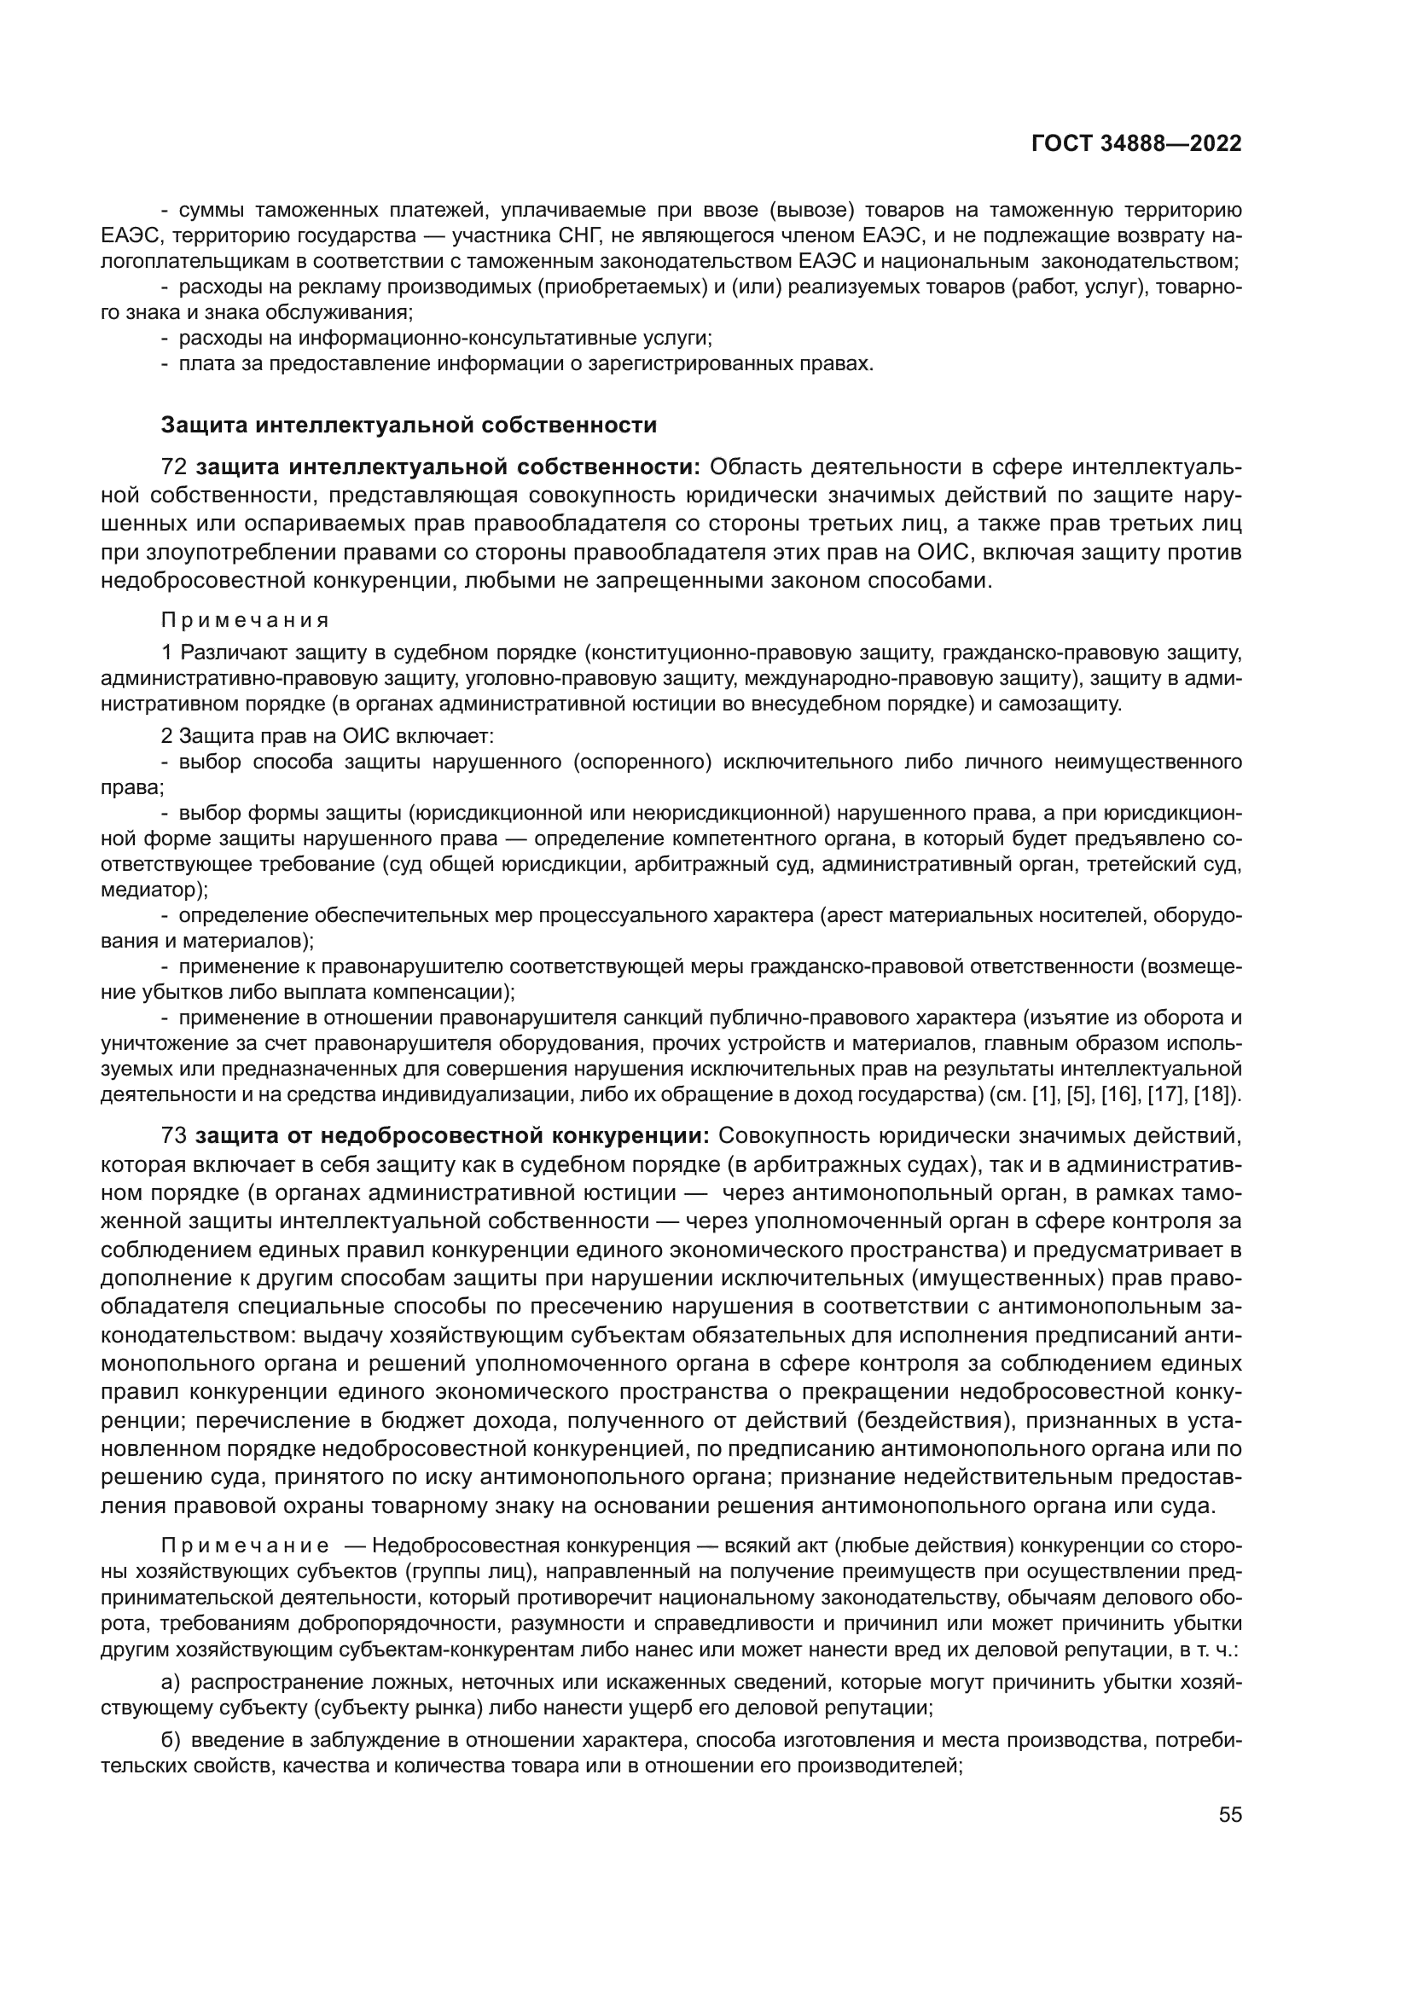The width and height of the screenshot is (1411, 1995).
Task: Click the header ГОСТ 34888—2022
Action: (x=1135, y=143)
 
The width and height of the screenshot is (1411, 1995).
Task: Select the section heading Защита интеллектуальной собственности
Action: (x=409, y=425)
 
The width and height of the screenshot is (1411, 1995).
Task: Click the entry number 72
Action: (x=175, y=467)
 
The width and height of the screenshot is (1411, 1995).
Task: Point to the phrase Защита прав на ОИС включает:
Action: (x=336, y=737)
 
